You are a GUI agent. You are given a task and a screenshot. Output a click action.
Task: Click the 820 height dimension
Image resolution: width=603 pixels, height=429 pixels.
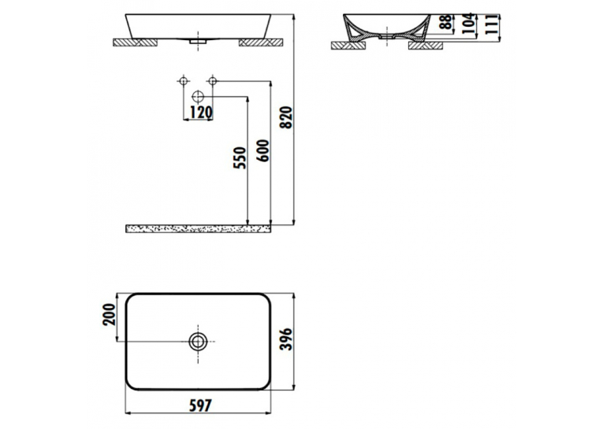pos(288,117)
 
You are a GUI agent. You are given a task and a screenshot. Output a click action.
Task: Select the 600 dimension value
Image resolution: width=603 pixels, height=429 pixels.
pos(264,150)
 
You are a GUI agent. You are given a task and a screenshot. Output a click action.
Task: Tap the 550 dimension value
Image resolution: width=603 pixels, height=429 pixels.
pos(240,157)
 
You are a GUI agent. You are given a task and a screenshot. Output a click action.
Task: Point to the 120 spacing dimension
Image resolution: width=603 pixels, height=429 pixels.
pos(201,112)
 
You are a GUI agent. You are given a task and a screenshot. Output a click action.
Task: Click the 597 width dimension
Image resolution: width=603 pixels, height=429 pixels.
pos(200,405)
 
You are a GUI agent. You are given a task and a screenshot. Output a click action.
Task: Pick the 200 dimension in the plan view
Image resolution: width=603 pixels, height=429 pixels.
pos(110,314)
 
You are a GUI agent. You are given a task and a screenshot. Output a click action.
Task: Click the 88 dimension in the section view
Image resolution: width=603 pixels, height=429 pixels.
pos(446,22)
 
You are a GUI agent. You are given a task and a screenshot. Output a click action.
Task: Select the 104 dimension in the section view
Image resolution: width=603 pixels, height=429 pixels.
pos(467,24)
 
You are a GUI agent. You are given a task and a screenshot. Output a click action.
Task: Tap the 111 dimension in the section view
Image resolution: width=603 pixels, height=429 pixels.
pos(491,24)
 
